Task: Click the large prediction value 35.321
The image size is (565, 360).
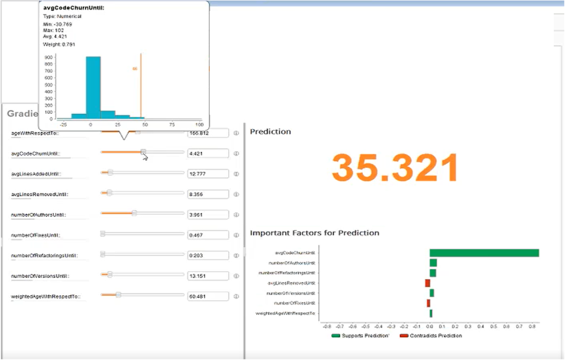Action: [x=395, y=168]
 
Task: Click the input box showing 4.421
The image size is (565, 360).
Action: [x=208, y=153]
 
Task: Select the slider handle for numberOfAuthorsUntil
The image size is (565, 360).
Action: [x=134, y=213]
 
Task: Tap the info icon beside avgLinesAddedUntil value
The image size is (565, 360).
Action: [x=236, y=174]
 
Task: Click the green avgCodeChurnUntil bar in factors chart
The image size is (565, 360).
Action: [x=484, y=253]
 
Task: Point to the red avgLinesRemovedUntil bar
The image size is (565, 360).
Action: [x=427, y=283]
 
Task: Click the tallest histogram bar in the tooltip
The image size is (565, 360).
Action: [x=93, y=87]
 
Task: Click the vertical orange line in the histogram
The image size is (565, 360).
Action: [x=141, y=87]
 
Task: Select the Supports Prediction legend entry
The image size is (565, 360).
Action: [x=359, y=336]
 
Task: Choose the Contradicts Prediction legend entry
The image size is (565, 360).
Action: [x=430, y=336]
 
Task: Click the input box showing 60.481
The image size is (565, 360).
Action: [x=208, y=297]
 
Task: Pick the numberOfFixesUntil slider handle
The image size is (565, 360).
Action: [x=103, y=234]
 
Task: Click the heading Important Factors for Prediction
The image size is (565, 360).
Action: [x=314, y=233]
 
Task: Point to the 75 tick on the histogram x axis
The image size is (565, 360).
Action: [x=172, y=124]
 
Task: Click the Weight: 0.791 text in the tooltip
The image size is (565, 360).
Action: [x=59, y=44]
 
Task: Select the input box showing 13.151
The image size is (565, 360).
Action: [x=208, y=276]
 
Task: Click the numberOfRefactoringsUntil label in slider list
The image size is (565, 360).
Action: [x=44, y=255]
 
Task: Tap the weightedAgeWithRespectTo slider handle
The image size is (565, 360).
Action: [x=118, y=295]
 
